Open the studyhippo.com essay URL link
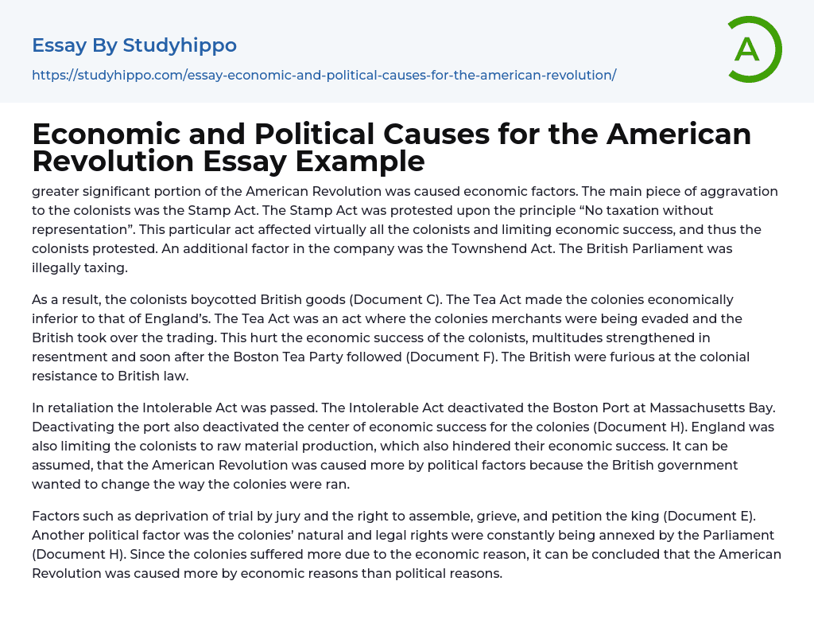[324, 75]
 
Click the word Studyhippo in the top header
[180, 45]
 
